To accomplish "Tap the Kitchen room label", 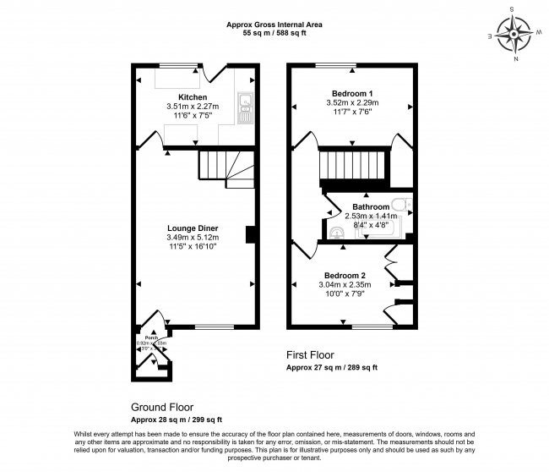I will [193, 97].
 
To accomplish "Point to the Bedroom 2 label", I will [344, 276].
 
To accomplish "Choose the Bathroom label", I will [371, 206].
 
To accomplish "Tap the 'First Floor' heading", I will [310, 356].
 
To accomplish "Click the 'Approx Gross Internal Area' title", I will [274, 24].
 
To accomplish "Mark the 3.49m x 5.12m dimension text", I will [193, 238].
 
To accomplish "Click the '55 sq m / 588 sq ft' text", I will [274, 33].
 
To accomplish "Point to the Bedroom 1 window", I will [335, 65].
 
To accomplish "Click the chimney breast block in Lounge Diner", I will [250, 234].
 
